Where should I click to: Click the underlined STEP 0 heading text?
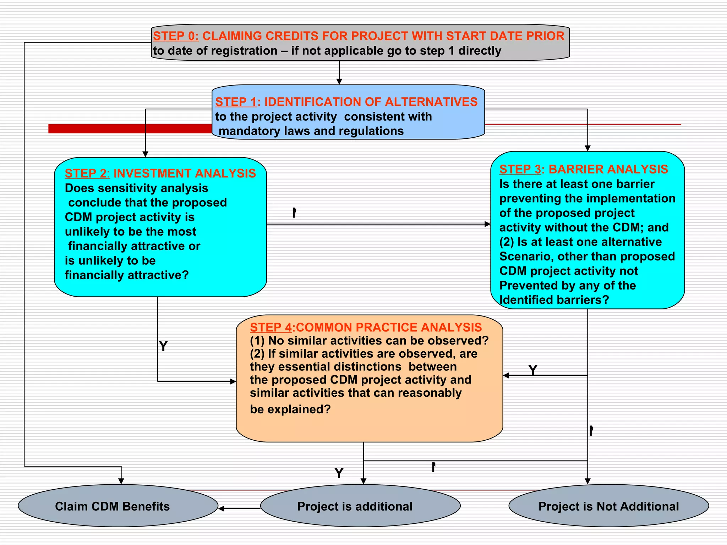176,36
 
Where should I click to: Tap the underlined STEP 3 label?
520,170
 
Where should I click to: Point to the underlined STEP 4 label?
270,327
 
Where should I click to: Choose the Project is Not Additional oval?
608,506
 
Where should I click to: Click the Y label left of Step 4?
163,346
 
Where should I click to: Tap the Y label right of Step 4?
532,370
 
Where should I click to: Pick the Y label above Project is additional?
339,473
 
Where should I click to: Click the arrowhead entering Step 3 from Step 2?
487,224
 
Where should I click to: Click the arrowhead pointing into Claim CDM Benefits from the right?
222,509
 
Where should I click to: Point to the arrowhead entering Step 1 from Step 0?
339,82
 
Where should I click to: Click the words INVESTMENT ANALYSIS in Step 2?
185,174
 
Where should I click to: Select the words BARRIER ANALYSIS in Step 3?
608,170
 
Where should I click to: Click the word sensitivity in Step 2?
119,188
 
